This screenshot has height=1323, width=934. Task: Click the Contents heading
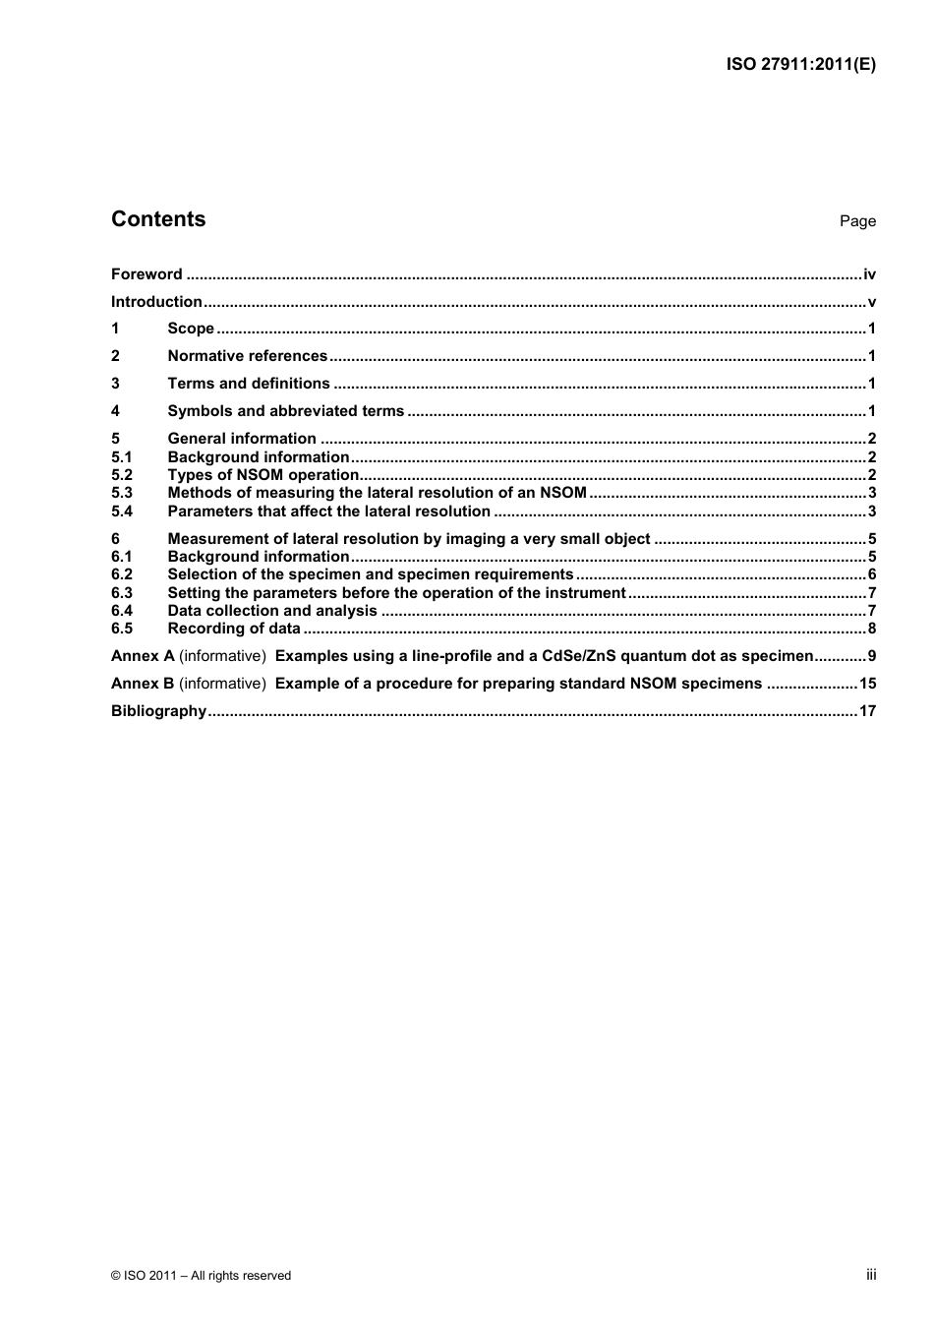[158, 219]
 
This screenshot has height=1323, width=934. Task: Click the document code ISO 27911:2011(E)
[800, 65]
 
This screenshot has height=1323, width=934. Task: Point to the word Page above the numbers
[857, 221]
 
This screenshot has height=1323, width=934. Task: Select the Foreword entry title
[146, 274]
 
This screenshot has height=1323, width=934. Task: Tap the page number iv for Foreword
[869, 274]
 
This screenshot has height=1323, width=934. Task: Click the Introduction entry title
[156, 302]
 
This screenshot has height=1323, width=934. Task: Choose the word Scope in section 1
[191, 329]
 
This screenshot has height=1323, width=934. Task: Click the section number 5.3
[122, 493]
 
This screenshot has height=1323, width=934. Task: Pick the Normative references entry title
[247, 356]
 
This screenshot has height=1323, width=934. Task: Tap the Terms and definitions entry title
[249, 384]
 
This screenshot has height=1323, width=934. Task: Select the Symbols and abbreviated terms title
[285, 411]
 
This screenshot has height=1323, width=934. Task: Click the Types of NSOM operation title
[263, 475]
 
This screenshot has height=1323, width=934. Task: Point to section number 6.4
[122, 611]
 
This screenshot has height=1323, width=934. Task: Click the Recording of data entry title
[234, 629]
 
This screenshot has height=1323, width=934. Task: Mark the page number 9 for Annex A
[871, 656]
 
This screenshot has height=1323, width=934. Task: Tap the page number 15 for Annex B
[867, 684]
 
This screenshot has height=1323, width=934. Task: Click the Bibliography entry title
[158, 711]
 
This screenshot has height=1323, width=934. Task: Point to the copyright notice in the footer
[201, 1276]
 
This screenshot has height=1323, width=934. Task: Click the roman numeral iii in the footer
[871, 1275]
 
